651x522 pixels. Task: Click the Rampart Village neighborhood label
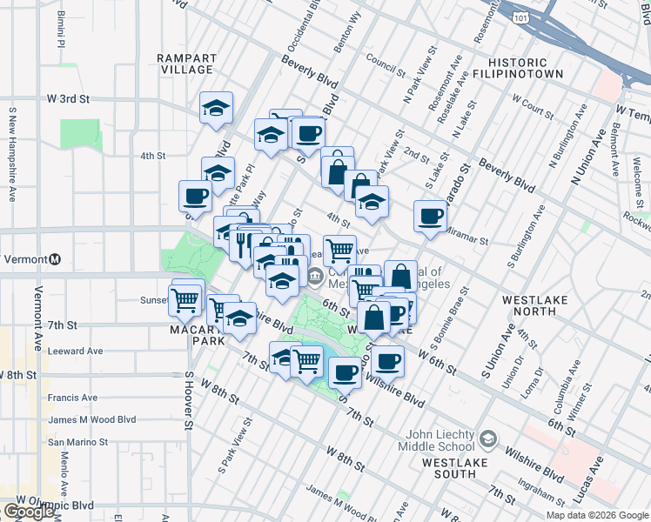click(186, 64)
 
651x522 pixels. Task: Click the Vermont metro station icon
click(56, 259)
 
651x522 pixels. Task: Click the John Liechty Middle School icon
click(487, 438)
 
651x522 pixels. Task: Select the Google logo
click(29, 512)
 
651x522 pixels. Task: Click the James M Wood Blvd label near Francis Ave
click(92, 419)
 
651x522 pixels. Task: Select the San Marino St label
click(77, 441)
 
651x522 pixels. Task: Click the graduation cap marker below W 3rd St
click(216, 107)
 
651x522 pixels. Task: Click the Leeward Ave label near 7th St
click(76, 351)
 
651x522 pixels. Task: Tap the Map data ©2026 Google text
click(596, 515)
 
